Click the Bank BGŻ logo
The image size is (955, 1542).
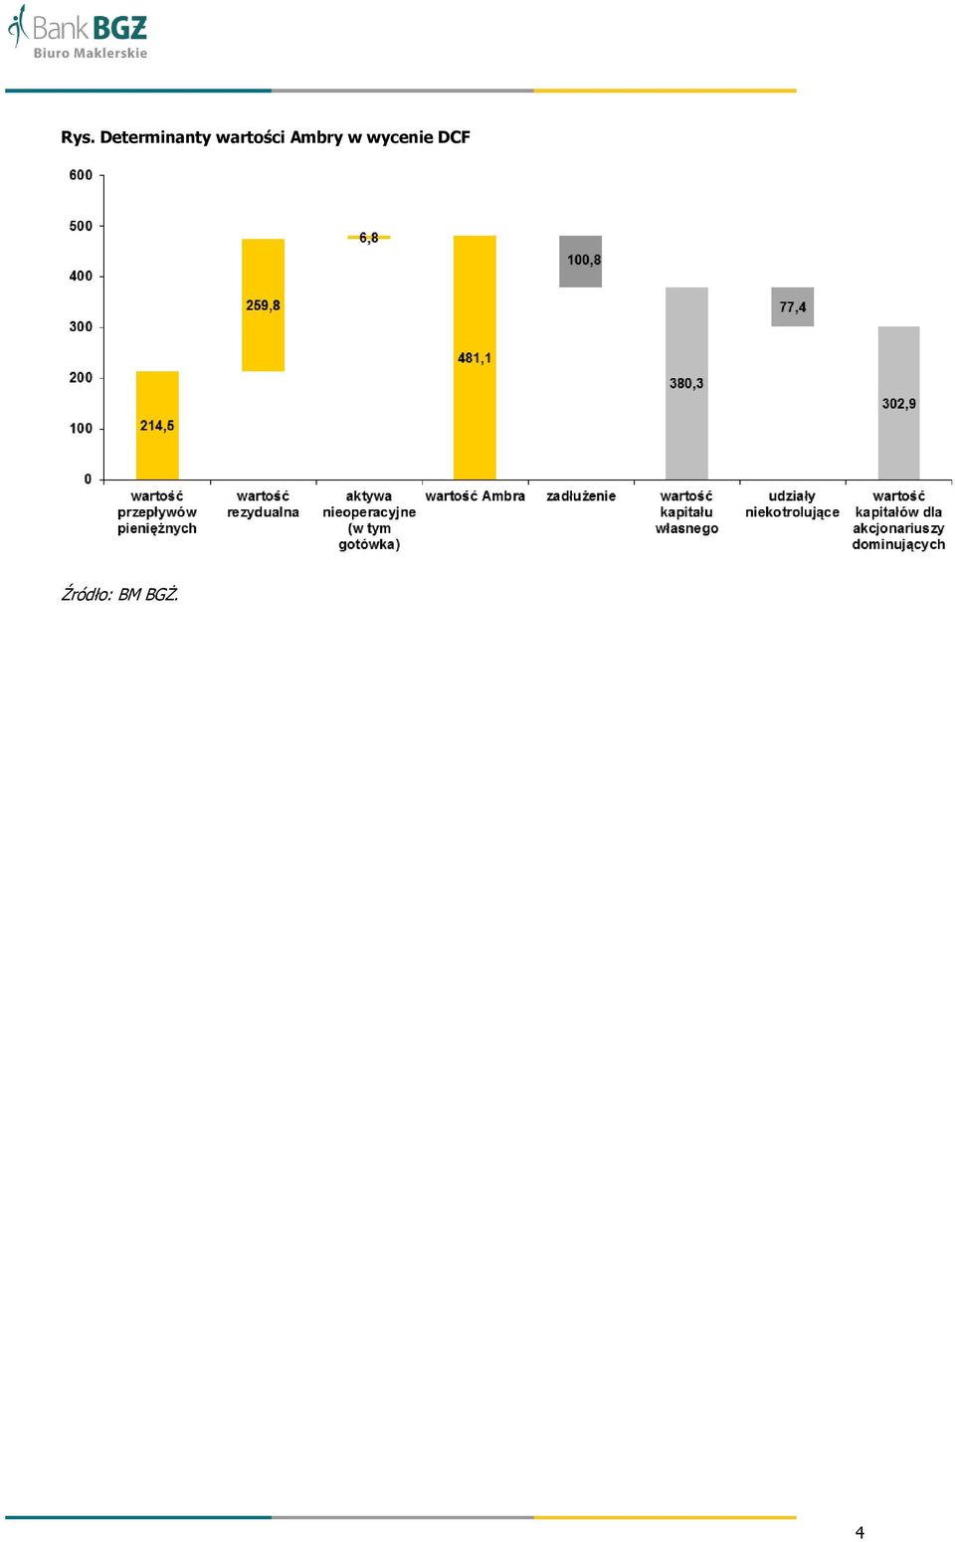pos(78,32)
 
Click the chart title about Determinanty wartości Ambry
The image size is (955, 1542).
pos(265,137)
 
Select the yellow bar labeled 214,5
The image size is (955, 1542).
pos(157,426)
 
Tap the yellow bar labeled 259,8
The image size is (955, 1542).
pos(263,305)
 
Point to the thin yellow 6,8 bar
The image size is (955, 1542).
pos(369,238)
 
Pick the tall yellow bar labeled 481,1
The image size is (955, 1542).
pos(475,357)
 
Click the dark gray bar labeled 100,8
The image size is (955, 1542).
pos(580,262)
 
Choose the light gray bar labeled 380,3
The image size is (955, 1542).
pos(686,383)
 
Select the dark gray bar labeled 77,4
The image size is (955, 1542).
pos(793,306)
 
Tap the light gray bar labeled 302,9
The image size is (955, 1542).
pos(898,403)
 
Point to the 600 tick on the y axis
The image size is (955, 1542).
pos(81,175)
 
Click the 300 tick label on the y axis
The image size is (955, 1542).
pos(81,327)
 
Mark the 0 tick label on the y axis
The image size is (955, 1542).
pos(88,480)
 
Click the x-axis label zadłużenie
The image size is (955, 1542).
pos(581,495)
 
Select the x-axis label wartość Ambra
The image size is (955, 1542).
pos(476,495)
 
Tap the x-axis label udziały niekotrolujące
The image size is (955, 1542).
pos(793,504)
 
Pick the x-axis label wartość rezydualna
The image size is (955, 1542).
pos(263,504)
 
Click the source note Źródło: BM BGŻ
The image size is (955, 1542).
pos(119,593)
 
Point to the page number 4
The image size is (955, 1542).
pos(859,1532)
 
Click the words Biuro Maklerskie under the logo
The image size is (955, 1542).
pos(91,53)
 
